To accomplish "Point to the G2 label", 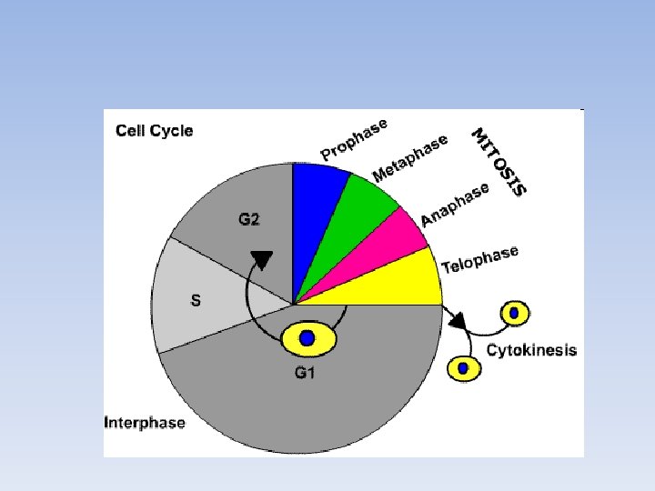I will click(249, 219).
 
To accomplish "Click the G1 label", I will click(305, 372).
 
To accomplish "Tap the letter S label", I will click(195, 301).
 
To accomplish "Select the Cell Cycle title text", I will click(155, 130).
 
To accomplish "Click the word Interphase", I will click(146, 422).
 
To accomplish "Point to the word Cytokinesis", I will click(532, 350).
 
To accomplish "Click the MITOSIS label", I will click(499, 161).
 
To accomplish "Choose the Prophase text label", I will click(354, 138).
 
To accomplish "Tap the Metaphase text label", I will click(410, 157).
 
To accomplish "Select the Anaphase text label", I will click(455, 205).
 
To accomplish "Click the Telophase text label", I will click(479, 259).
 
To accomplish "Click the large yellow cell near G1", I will click(308, 338).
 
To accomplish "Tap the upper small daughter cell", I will click(515, 314).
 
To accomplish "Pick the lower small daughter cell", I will click(464, 367).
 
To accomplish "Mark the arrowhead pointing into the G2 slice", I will click(262, 260).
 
